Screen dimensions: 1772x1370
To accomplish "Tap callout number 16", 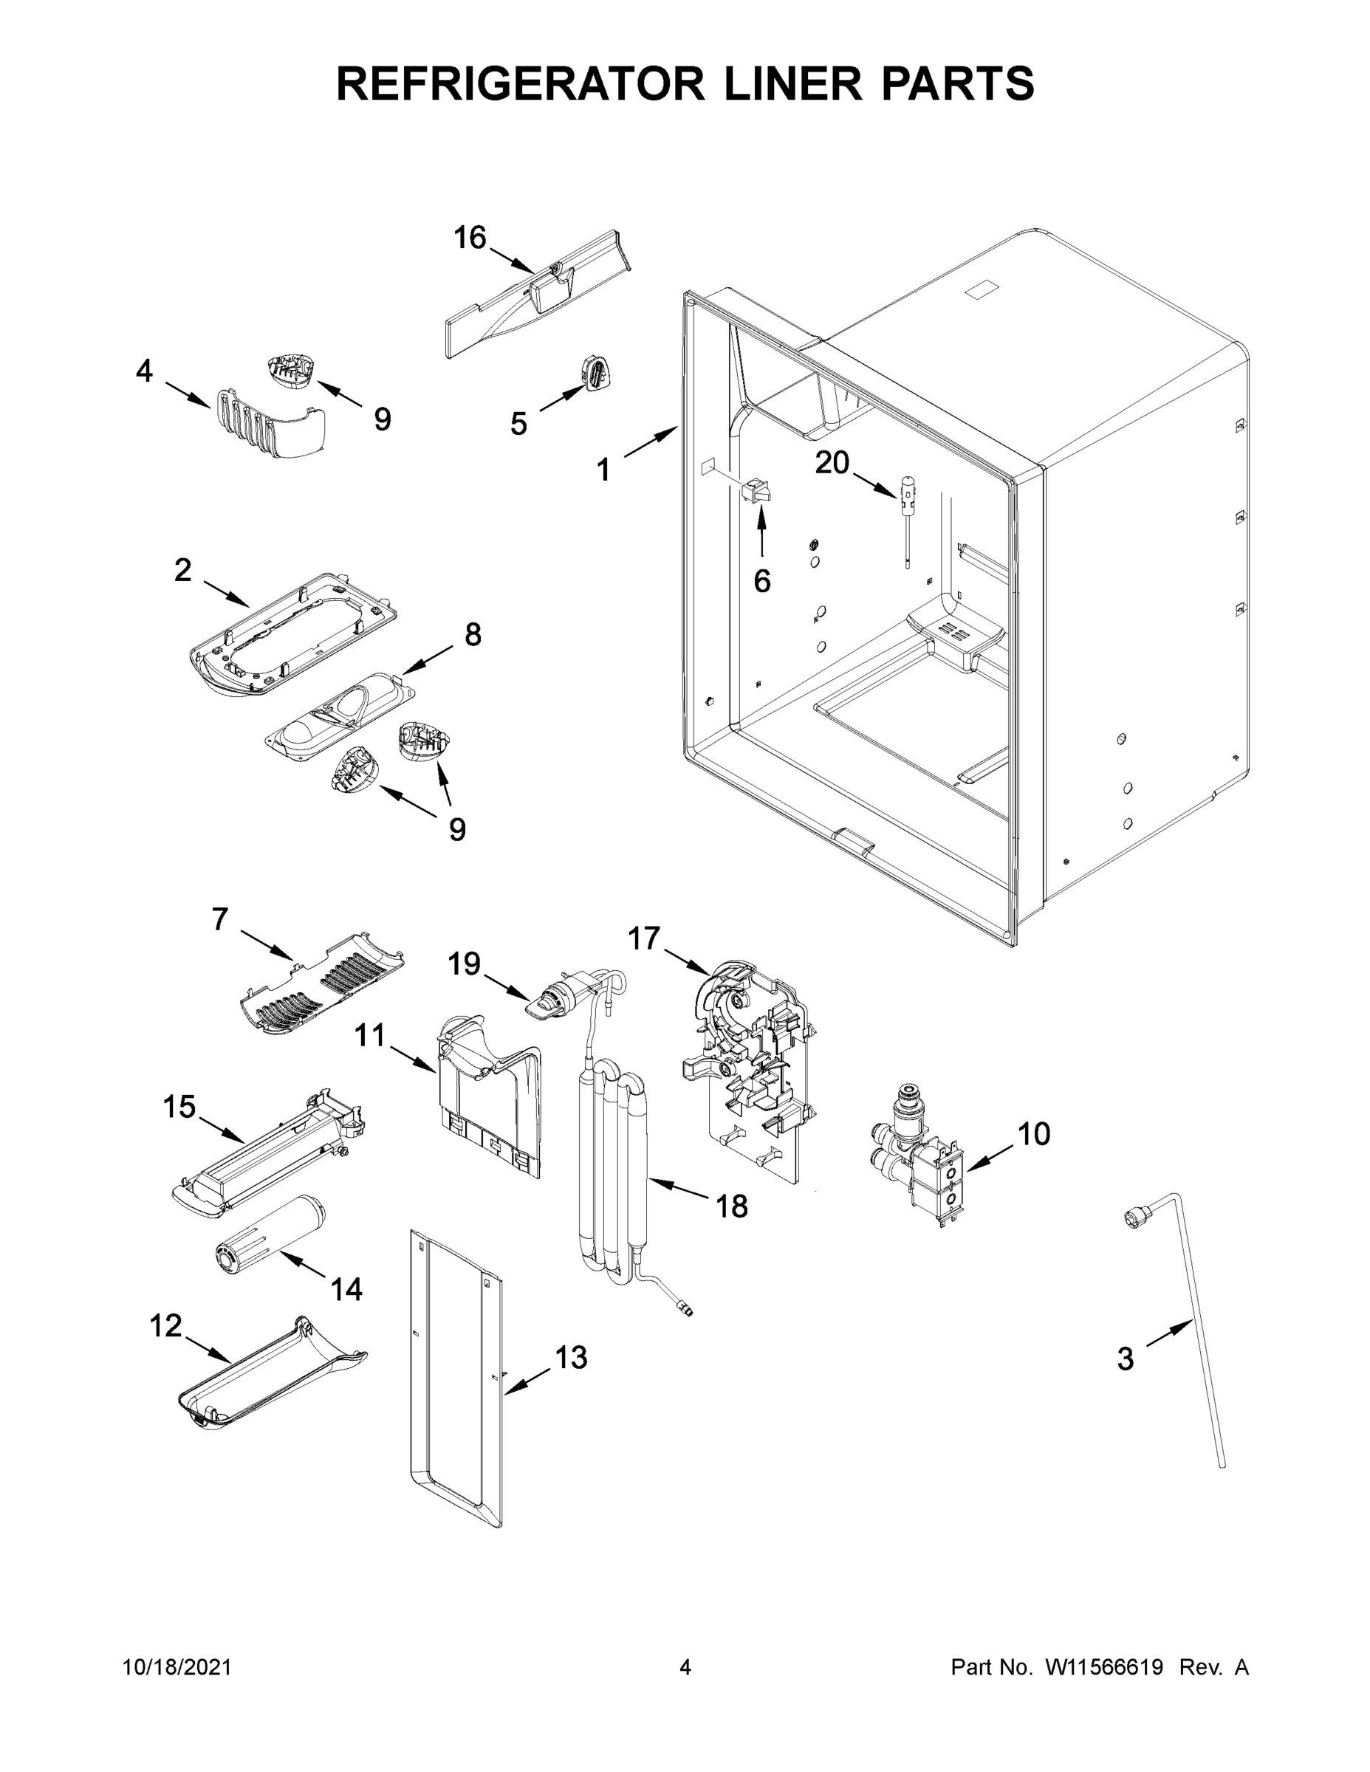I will (469, 238).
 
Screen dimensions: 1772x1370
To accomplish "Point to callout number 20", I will (832, 463).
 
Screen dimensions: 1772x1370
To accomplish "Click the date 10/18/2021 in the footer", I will (177, 1666).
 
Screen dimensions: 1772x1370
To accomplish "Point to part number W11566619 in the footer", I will (1104, 1666).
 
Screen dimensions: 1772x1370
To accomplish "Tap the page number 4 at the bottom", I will (685, 1666).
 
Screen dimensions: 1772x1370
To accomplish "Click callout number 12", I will (165, 1326).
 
